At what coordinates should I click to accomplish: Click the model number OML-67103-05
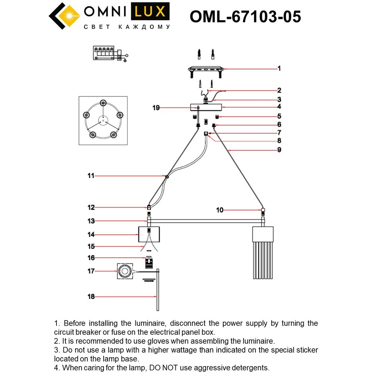[x=245, y=16]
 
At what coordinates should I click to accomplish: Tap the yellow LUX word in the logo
[x=150, y=12]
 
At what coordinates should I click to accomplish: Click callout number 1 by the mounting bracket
[x=279, y=69]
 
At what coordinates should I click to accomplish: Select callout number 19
[x=156, y=108]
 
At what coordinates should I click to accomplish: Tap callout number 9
[x=279, y=150]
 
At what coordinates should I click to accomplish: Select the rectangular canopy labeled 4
[x=206, y=107]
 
